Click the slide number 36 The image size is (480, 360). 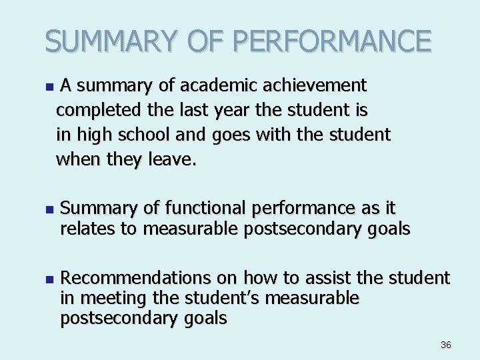tap(446, 345)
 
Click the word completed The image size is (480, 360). tap(95, 110)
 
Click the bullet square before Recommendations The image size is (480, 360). tap(47, 278)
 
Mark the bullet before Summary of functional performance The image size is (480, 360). tap(47, 209)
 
